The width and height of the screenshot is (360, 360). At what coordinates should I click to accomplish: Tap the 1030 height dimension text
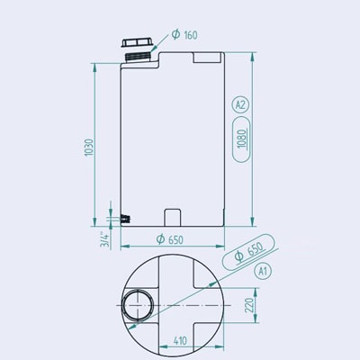click(89, 148)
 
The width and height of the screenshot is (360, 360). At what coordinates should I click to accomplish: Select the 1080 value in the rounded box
click(242, 139)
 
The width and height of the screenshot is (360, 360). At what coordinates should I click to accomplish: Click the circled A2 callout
click(240, 105)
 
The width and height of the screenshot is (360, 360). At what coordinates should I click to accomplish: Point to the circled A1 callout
click(263, 272)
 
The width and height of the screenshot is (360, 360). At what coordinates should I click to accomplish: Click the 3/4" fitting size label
click(105, 239)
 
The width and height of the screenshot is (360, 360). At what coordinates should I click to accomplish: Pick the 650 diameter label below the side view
click(169, 239)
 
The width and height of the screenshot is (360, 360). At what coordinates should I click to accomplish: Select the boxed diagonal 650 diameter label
click(249, 251)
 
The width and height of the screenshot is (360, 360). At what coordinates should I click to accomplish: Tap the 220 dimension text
click(249, 305)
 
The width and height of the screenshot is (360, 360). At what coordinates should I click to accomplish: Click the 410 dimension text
click(180, 341)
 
